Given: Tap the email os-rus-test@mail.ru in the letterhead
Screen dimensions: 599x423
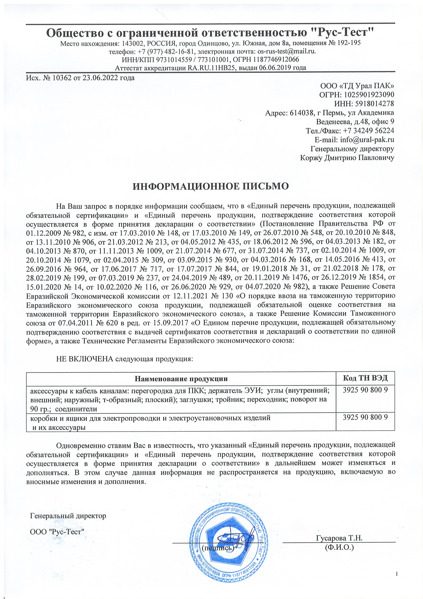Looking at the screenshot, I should click(x=286, y=51).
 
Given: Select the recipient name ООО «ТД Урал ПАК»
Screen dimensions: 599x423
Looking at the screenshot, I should click(x=357, y=86).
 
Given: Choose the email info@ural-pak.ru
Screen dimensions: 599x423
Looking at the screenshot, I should click(x=367, y=140).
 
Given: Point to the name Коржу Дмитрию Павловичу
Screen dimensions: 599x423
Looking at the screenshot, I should click(x=347, y=158).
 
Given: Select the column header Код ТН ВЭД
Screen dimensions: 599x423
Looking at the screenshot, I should click(x=365, y=378).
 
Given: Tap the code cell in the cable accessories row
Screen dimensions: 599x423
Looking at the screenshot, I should click(x=365, y=390).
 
